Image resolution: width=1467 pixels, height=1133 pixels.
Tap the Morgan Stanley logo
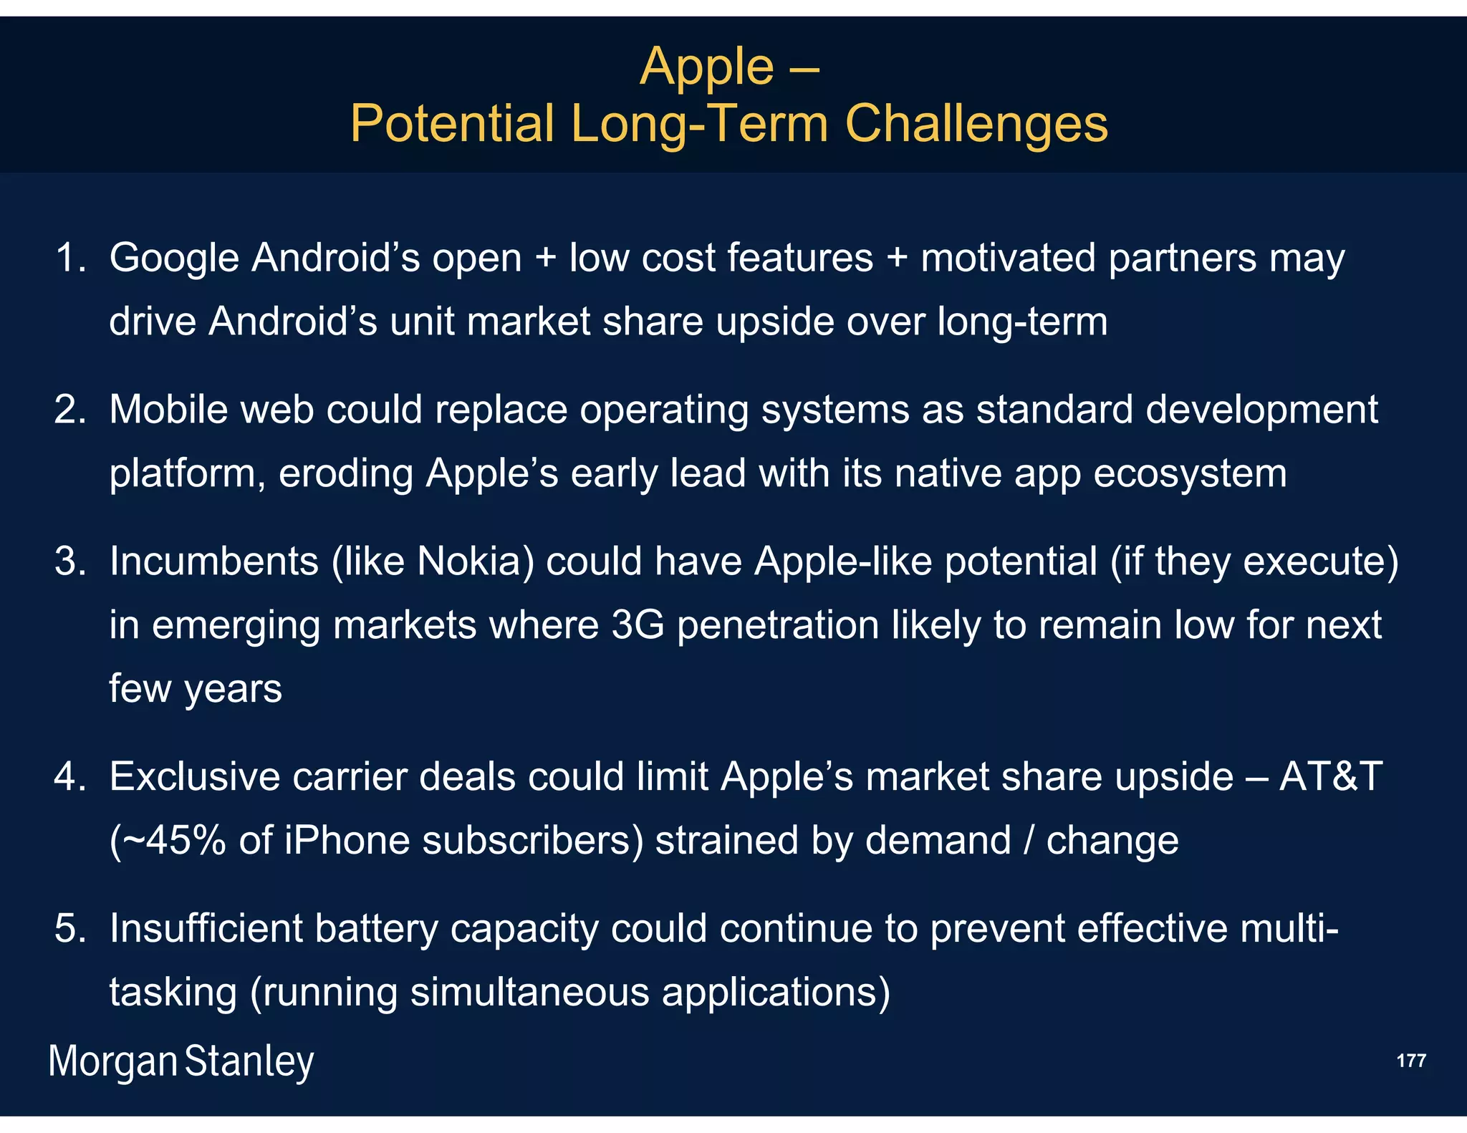181,1061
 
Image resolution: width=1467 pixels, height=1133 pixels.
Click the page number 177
1410,1061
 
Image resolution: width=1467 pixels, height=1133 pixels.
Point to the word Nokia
475,561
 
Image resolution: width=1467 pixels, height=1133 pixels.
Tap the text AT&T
1331,777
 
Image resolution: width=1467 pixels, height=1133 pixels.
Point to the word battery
375,929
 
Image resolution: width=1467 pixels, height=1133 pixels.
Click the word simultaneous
529,993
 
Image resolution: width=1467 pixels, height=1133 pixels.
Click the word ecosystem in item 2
1190,474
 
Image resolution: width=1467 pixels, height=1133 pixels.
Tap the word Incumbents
213,561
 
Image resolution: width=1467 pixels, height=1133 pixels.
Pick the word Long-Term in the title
700,125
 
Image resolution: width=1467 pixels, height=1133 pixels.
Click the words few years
195,689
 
